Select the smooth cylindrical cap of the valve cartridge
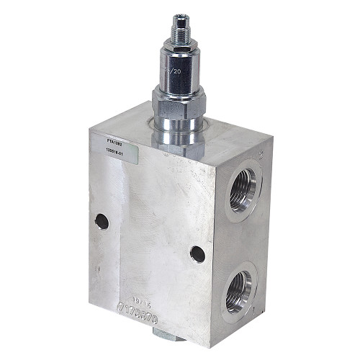[178, 68]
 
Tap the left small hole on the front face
[102, 222]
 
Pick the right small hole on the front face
[197, 253]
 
